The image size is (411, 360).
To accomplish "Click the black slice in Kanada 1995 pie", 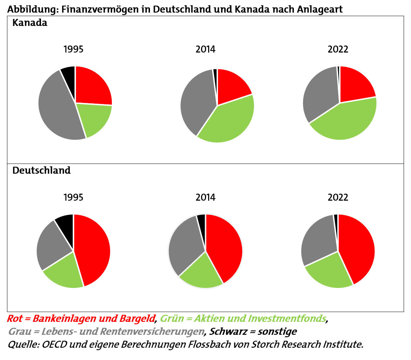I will tap(69, 74).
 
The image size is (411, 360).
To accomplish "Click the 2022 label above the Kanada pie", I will tap(338, 49).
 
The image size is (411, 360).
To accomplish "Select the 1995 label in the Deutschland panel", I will tap(73, 198).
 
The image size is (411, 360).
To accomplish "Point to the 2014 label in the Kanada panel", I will tap(205, 49).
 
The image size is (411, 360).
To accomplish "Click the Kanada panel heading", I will tap(30, 23).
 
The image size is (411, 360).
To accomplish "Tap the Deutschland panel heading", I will tap(41, 171).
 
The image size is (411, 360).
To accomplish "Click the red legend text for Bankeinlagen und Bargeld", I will tap(81, 318).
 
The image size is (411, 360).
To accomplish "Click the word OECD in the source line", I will tap(54, 344).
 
